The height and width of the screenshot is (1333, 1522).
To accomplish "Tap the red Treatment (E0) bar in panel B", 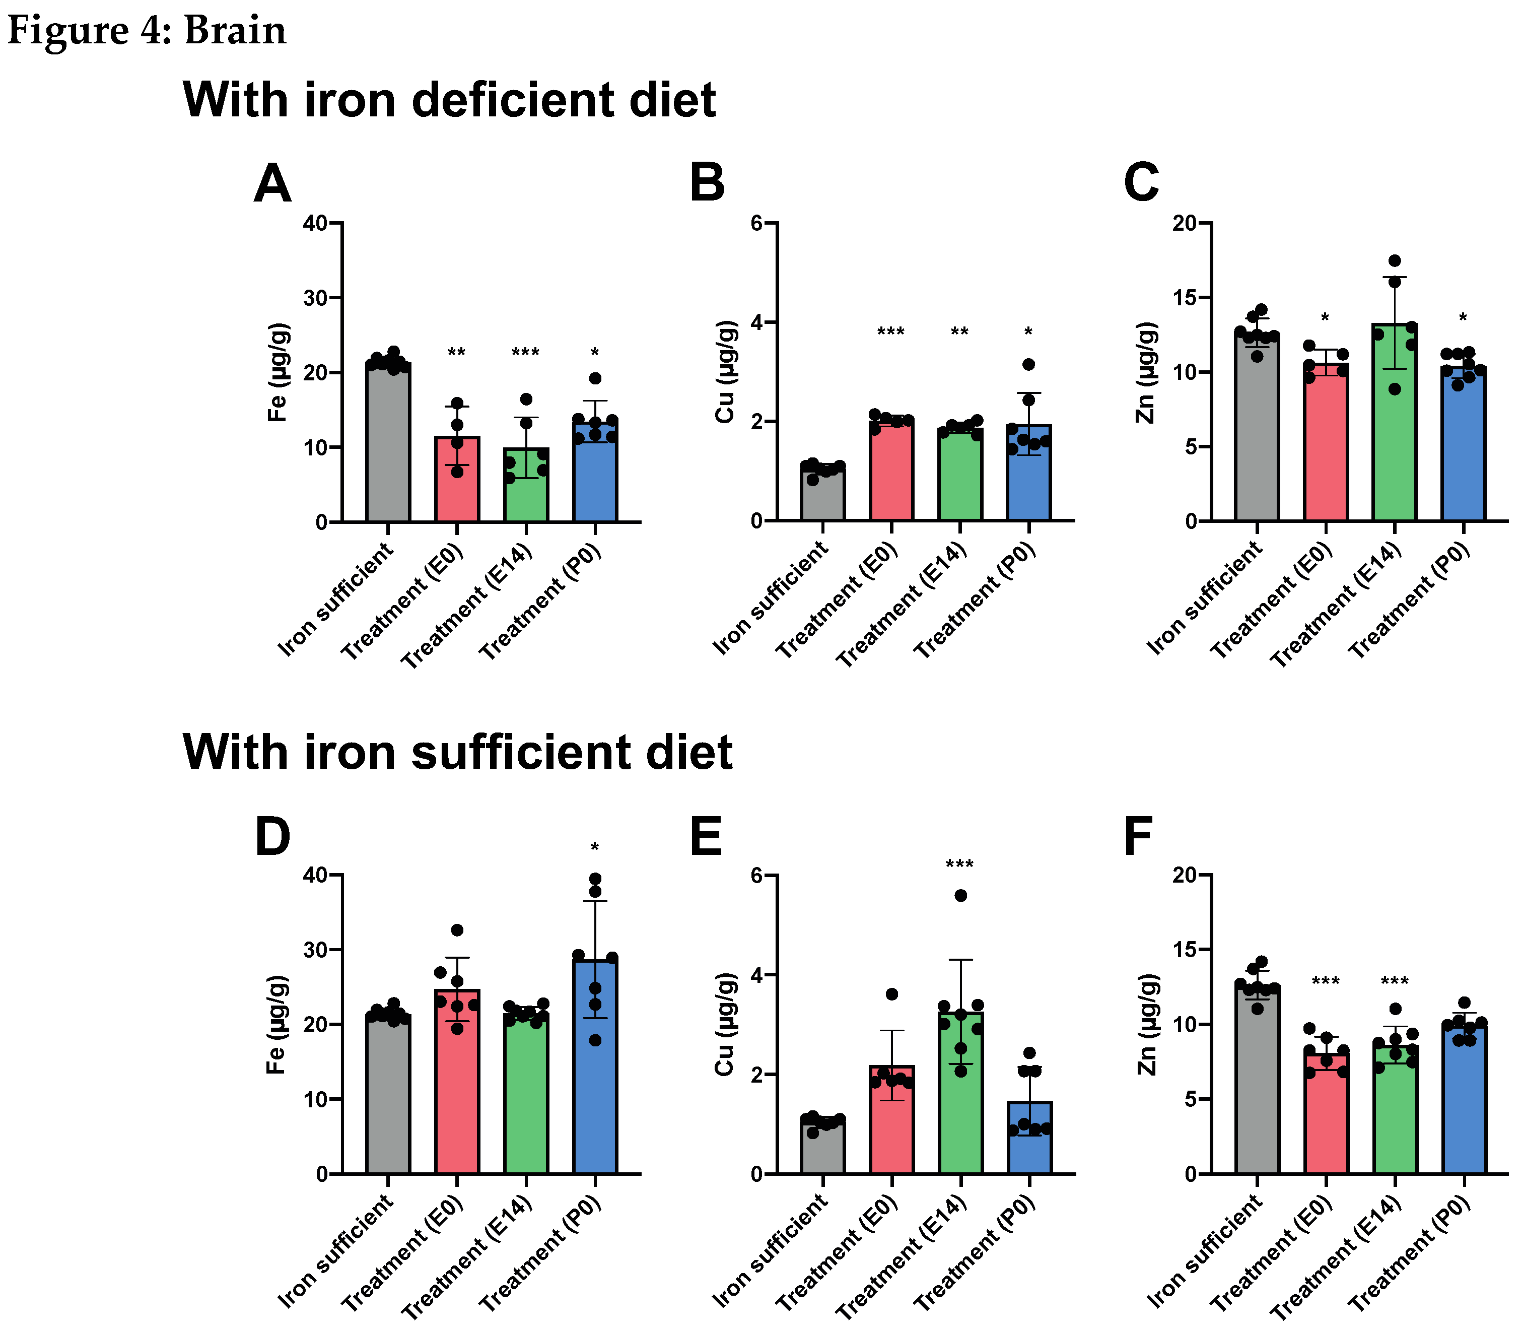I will pos(891,476).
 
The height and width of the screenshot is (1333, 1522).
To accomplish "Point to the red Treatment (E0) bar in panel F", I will pos(1326,1116).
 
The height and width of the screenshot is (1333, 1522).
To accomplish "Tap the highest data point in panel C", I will pos(1395,261).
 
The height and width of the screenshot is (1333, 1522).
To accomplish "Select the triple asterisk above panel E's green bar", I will pos(960,865).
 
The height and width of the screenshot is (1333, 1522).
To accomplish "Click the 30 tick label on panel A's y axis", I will pos(314,298).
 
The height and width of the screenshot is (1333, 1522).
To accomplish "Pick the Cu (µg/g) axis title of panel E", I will pos(724,1024).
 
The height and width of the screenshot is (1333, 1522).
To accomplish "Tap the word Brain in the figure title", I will pos(235,31).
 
